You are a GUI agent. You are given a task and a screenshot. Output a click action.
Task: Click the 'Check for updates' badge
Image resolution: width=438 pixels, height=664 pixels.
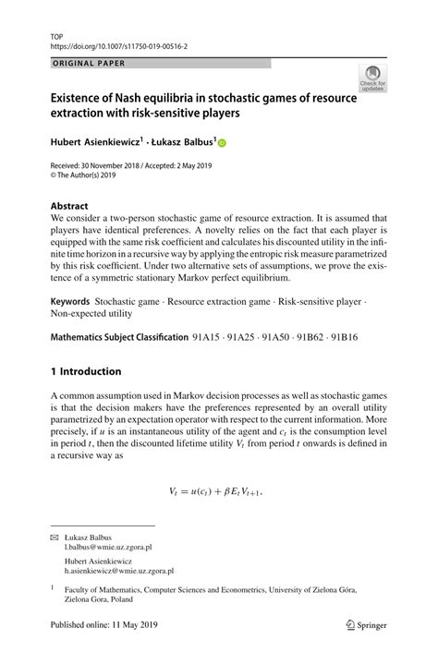point(372,79)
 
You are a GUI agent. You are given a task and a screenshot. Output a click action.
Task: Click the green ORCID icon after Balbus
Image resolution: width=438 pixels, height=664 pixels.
point(223,142)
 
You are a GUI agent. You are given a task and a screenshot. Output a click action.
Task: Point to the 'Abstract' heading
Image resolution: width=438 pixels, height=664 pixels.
point(69,206)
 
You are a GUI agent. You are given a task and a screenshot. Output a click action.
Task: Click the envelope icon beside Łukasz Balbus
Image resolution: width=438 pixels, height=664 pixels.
point(54,537)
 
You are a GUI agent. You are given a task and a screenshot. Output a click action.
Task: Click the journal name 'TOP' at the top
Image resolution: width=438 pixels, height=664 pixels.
point(56,31)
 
